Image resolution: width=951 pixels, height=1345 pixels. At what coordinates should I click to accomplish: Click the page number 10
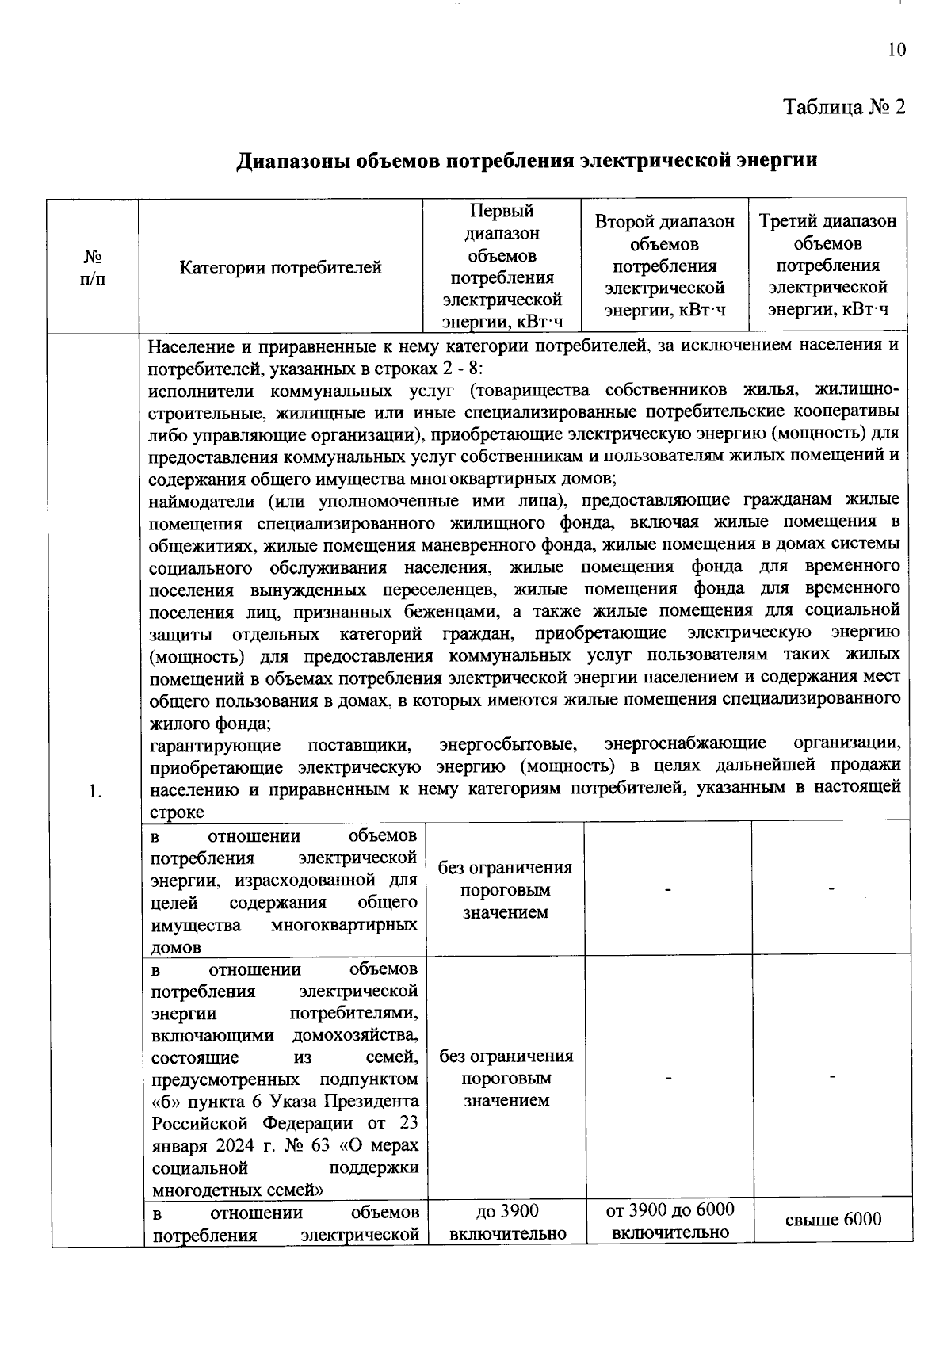[x=896, y=50]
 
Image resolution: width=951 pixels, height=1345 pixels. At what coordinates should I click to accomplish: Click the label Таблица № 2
[x=843, y=107]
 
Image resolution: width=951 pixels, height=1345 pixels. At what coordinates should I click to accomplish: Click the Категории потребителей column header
[x=281, y=268]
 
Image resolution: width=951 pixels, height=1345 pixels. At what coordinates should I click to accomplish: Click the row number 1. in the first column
[x=95, y=790]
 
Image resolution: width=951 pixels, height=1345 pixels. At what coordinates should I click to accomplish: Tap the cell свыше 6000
[x=832, y=1219]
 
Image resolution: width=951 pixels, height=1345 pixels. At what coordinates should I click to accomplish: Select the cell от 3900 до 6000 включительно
[x=670, y=1221]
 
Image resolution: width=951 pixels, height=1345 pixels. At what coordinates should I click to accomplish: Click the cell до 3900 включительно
[x=507, y=1221]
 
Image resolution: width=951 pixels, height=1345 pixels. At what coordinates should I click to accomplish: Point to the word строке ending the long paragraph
[x=177, y=812]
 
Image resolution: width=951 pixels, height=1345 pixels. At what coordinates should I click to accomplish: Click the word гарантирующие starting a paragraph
[x=215, y=745]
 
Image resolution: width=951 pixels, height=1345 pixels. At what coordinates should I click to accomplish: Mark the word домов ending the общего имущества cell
[x=175, y=947]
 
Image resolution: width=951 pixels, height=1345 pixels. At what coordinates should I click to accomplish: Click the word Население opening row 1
[x=188, y=346]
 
